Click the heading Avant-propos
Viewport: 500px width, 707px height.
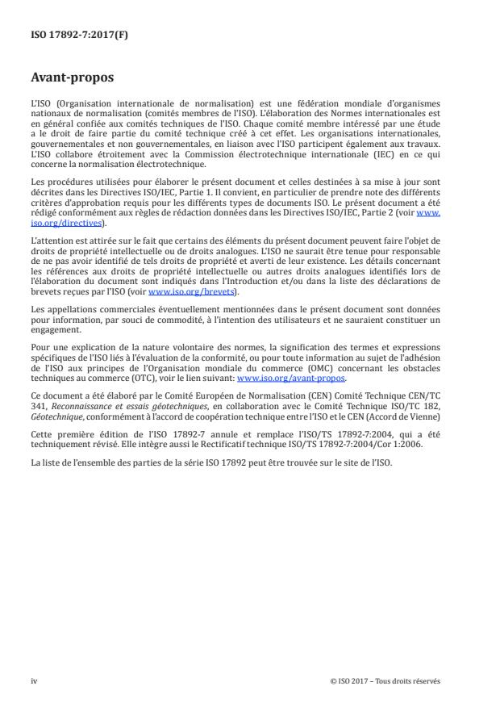coord(72,78)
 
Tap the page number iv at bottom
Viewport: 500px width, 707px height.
coord(34,680)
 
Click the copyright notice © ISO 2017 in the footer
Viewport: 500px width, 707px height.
coord(385,680)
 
